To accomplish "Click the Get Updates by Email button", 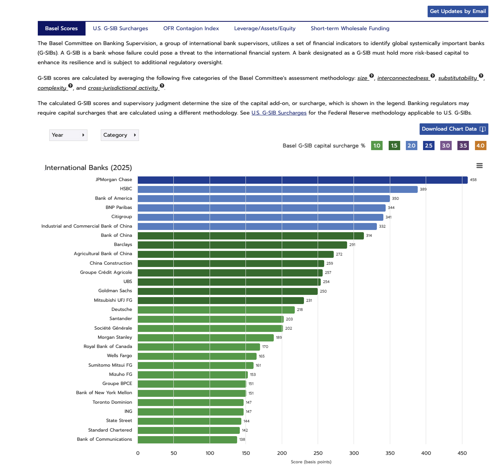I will [457, 11].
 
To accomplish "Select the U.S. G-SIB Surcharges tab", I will [120, 29].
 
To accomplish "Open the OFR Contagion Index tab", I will [191, 29].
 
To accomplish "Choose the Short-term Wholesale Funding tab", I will [350, 29].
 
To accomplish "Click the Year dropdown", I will [68, 135].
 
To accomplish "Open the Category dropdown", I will [120, 135].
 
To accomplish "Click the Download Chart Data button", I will [453, 129].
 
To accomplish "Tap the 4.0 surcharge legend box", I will [480, 146].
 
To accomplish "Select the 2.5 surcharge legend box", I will [428, 146].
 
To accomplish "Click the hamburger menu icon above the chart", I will [480, 166].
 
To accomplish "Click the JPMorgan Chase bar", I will [302, 180].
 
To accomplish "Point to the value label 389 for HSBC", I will [423, 189].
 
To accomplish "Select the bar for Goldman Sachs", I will [228, 291].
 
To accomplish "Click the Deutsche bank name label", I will [121, 310].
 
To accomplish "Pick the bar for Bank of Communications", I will [187, 440].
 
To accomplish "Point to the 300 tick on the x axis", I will [354, 453].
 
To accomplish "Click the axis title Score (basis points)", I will [311, 462].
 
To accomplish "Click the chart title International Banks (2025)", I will [88, 168].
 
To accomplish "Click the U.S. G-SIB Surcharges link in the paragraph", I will [279, 113].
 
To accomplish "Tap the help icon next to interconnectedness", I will [433, 76].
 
